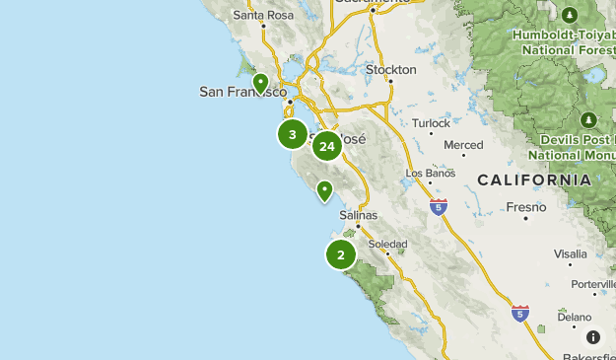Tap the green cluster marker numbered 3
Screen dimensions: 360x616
(292, 134)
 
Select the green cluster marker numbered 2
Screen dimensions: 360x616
(340, 254)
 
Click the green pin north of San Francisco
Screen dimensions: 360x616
(260, 83)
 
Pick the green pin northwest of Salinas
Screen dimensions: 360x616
(324, 190)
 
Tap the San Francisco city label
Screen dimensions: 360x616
(242, 92)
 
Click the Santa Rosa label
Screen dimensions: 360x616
(263, 15)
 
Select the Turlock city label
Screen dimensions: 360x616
(432, 123)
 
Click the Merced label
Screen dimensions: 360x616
(463, 145)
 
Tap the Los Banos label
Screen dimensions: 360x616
(431, 174)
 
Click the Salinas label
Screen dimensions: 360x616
(358, 215)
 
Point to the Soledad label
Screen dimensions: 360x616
(386, 244)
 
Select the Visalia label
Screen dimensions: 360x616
(570, 253)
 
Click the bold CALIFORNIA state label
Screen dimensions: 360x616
(534, 180)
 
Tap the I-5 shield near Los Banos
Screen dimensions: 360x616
(439, 207)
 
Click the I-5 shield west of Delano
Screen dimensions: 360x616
(519, 314)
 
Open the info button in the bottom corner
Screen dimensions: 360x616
(592, 337)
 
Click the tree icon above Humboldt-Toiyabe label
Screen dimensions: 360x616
(570, 16)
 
